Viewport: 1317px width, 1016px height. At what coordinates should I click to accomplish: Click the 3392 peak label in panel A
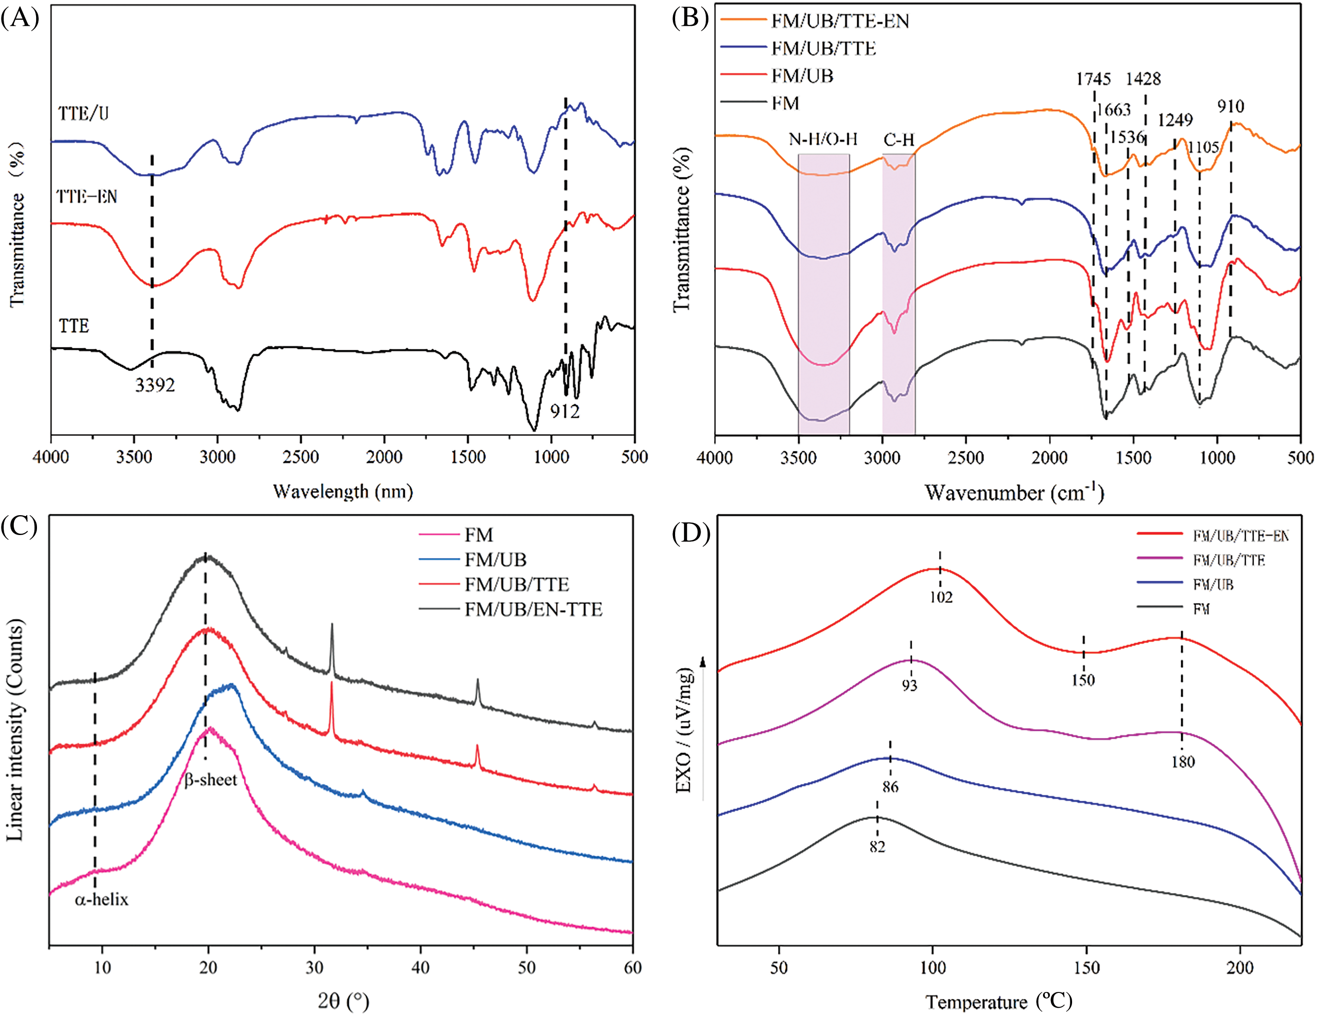pos(155,385)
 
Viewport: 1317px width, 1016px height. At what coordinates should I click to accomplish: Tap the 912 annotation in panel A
pos(564,411)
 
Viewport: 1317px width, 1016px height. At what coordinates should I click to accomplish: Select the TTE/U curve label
pos(84,113)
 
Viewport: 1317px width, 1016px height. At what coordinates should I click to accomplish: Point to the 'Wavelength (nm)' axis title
pos(342,492)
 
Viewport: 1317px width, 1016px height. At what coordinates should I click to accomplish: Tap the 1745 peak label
pos(1093,79)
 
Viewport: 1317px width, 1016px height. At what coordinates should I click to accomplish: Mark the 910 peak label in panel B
pos(1230,107)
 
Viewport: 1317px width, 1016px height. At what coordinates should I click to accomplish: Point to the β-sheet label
pos(210,779)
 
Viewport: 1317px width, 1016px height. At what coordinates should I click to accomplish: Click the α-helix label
pos(101,899)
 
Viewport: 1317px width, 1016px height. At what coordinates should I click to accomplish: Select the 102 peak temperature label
pos(941,597)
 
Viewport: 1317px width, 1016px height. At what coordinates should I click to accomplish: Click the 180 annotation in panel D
pos(1183,761)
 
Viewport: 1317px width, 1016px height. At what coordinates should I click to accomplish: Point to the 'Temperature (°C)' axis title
pos(999,1002)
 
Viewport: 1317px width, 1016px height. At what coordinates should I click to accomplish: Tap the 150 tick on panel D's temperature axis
pos(1086,968)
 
